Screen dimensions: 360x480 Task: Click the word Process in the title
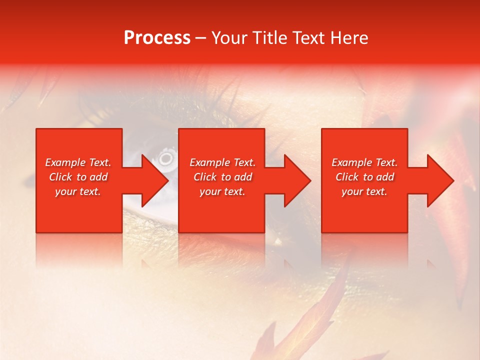click(x=157, y=38)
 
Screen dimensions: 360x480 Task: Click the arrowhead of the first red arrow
click(x=155, y=180)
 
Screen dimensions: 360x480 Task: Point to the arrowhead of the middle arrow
click(x=298, y=180)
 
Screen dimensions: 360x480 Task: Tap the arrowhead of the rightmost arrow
click(x=441, y=180)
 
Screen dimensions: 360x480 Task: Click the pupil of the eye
click(x=165, y=159)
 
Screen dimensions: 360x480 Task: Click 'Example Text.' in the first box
click(x=78, y=162)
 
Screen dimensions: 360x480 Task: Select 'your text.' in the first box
click(x=78, y=191)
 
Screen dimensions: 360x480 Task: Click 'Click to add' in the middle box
click(x=222, y=177)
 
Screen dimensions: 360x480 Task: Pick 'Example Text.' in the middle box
click(x=222, y=162)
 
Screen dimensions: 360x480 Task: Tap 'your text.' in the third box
click(x=364, y=191)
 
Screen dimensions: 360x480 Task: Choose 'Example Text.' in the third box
click(x=364, y=162)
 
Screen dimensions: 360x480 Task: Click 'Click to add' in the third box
click(x=364, y=177)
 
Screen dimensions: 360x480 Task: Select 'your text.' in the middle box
click(x=222, y=191)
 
